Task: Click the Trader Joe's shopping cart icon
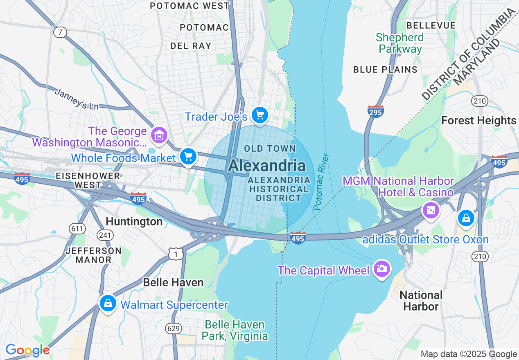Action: click(259, 115)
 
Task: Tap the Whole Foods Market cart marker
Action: click(188, 156)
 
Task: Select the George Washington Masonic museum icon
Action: click(159, 135)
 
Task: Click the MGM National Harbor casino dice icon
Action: click(431, 210)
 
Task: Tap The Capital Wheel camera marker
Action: click(381, 268)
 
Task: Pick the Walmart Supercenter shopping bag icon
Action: click(107, 303)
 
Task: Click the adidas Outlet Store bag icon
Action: click(466, 218)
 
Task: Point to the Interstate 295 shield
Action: click(375, 111)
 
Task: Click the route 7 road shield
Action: click(60, 32)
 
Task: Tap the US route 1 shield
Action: click(176, 254)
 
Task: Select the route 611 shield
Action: click(77, 229)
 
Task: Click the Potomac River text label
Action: click(321, 182)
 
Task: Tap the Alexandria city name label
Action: click(267, 166)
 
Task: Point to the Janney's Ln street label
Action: click(77, 99)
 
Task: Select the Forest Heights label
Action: click(478, 121)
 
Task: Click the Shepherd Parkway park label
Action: click(399, 43)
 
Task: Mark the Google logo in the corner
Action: click(27, 350)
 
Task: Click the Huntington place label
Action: click(134, 222)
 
